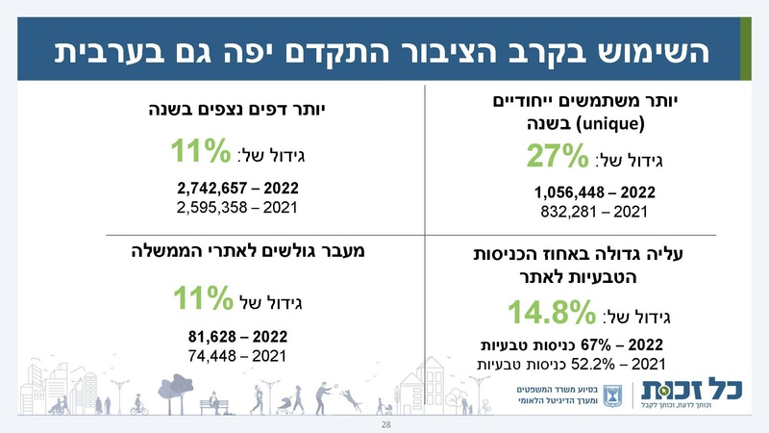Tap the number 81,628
coord(214,338)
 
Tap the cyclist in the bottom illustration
coord(139,404)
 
